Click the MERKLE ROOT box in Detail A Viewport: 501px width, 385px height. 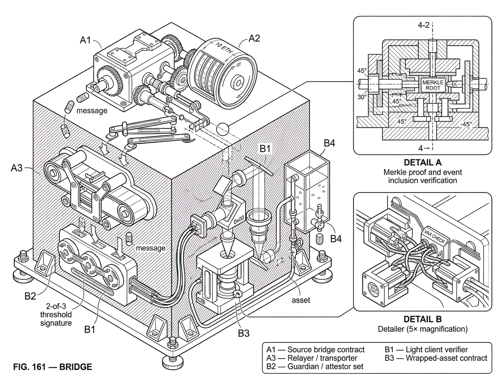(433, 85)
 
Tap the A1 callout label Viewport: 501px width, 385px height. (85, 40)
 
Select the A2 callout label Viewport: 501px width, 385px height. (254, 38)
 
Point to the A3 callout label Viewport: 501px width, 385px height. (17, 167)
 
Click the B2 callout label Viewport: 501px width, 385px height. (30, 296)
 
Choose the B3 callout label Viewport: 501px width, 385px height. (243, 333)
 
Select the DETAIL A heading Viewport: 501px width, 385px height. (422, 163)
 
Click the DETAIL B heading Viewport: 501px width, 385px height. (422, 319)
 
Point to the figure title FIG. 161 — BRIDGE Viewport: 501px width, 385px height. (53, 367)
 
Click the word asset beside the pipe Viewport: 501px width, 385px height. (301, 300)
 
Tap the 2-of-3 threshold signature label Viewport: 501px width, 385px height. (56, 314)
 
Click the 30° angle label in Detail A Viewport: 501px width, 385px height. (362, 97)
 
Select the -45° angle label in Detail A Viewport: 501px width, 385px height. (466, 124)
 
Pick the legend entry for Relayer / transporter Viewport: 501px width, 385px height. (312, 358)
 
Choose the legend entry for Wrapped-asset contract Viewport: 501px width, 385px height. (436, 358)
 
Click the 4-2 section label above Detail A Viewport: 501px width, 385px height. (424, 25)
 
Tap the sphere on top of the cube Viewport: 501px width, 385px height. (223, 129)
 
